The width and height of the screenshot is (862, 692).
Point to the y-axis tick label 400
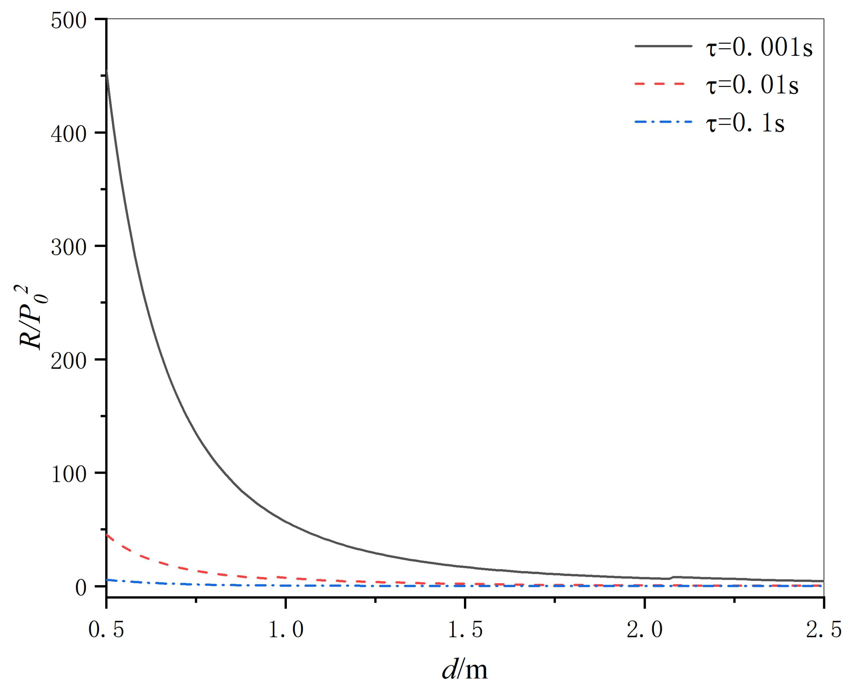(68, 134)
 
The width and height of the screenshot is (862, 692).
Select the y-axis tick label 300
(68, 248)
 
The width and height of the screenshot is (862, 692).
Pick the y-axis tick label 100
(68, 474)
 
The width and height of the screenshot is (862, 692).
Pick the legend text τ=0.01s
(752, 85)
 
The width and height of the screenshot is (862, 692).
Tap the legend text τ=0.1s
(744, 123)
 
